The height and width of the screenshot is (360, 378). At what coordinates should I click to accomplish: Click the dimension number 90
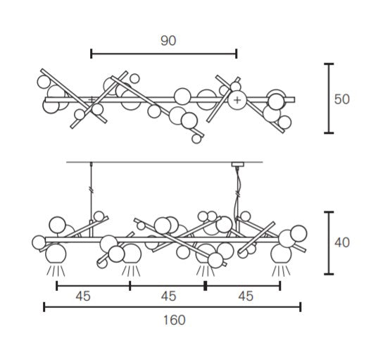[x=168, y=41]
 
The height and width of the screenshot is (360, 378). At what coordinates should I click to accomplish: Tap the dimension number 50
[x=341, y=99]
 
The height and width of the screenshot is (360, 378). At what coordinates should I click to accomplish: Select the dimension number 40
[x=341, y=242]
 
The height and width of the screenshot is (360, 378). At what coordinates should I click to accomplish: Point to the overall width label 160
[x=175, y=320]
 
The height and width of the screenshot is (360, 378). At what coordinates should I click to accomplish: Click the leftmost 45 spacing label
[x=83, y=296]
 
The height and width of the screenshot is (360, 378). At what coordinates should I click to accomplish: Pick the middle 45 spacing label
[x=168, y=296]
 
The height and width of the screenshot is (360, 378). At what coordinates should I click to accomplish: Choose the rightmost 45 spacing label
[x=246, y=296]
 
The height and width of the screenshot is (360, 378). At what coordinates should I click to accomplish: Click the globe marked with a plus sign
[x=237, y=100]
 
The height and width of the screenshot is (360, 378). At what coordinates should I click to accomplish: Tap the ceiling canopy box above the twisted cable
[x=238, y=164]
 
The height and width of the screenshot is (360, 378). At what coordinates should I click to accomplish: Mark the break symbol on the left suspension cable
[x=91, y=189]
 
